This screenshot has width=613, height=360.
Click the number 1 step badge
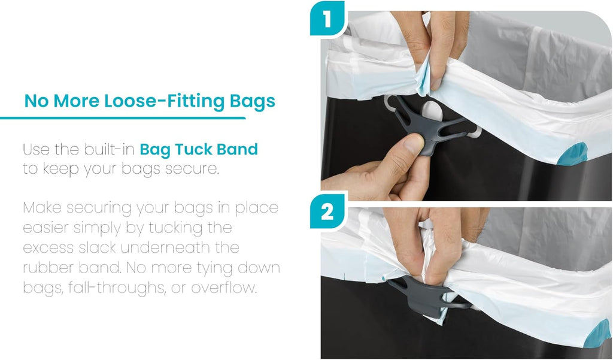tap(327, 18)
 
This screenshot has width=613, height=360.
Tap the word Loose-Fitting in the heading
tap(164, 101)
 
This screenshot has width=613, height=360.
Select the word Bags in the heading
tap(253, 102)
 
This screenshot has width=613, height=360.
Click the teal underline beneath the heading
tap(123, 118)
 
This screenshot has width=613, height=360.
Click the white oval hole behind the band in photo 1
tap(432, 111)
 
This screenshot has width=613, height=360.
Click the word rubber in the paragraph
tap(48, 268)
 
